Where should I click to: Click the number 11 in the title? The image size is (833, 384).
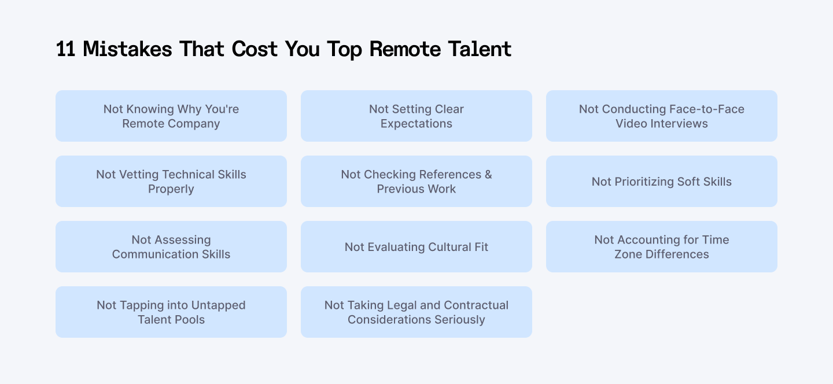coord(66,49)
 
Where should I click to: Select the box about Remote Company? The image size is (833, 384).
coord(171,116)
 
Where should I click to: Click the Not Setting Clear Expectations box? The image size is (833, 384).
coord(417,116)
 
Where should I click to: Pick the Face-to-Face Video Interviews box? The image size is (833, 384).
coord(662,116)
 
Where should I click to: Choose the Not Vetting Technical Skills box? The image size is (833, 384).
coord(171,181)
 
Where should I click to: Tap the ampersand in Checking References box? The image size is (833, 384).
coord(488,175)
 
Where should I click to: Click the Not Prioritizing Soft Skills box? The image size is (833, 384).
coord(662,181)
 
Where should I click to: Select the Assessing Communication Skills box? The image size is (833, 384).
coord(171,246)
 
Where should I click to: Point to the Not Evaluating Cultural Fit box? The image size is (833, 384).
coord(417,246)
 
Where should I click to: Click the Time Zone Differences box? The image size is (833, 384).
coord(662,246)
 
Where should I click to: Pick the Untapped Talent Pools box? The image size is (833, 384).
coord(171,312)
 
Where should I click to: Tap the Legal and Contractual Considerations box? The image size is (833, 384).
coord(417,312)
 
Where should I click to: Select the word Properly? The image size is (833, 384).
coord(171,189)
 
